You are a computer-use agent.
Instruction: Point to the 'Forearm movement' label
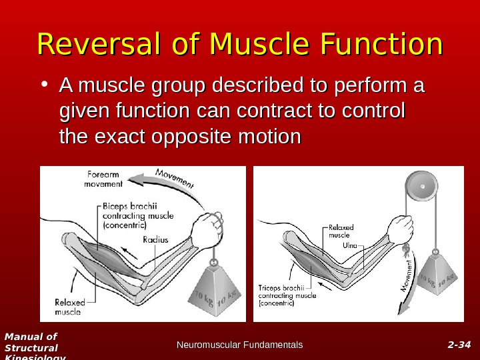103,179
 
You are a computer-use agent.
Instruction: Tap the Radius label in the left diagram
155,240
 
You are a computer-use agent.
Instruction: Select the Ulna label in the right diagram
350,245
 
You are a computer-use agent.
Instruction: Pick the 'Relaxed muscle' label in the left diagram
68,307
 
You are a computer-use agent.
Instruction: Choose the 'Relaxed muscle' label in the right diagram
341,231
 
